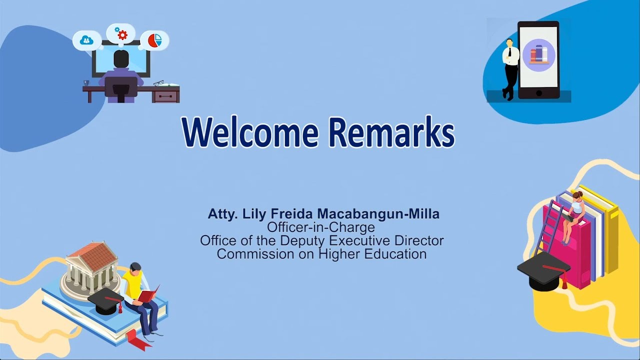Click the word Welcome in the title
[x=250, y=131]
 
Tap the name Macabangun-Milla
[x=378, y=214]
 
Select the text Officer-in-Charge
[x=321, y=227]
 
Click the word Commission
[x=255, y=253]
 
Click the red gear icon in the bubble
[x=122, y=35]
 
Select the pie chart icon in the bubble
[x=155, y=40]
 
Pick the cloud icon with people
[x=86, y=40]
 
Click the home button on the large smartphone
[x=539, y=93]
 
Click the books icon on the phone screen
[x=539, y=55]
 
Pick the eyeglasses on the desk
[x=158, y=83]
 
